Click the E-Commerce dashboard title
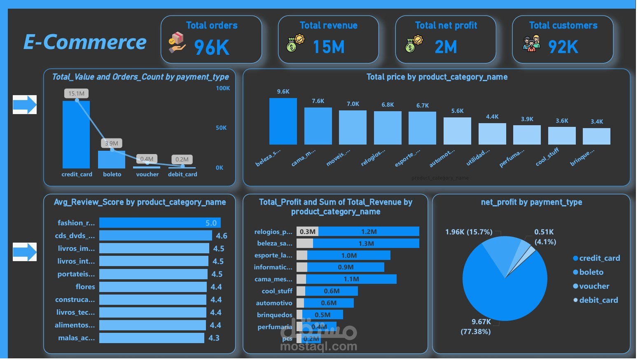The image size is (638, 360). coord(85,42)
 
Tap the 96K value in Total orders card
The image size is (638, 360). coord(212,47)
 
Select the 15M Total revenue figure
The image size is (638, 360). coord(329,47)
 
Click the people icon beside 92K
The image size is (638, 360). coord(531,44)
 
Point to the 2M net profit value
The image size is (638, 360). coord(446,47)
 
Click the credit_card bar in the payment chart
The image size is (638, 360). coord(76,136)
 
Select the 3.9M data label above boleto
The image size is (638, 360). coord(111,143)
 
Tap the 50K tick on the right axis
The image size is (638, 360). coord(221,128)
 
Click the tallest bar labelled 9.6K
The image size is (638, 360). coord(283,122)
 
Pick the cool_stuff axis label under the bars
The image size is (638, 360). coord(547,157)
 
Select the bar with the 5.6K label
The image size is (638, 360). coord(457,131)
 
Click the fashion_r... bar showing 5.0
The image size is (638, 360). coord(160,223)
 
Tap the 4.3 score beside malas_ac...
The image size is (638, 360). coord(214,338)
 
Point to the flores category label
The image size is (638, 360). coord(85,287)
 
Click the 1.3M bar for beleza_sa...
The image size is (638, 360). coord(366,243)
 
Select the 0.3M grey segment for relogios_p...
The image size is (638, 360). coord(308,231)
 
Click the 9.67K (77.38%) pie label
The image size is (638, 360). coord(476,327)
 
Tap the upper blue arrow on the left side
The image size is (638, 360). coord(25,105)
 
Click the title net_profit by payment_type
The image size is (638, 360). coord(531,202)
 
